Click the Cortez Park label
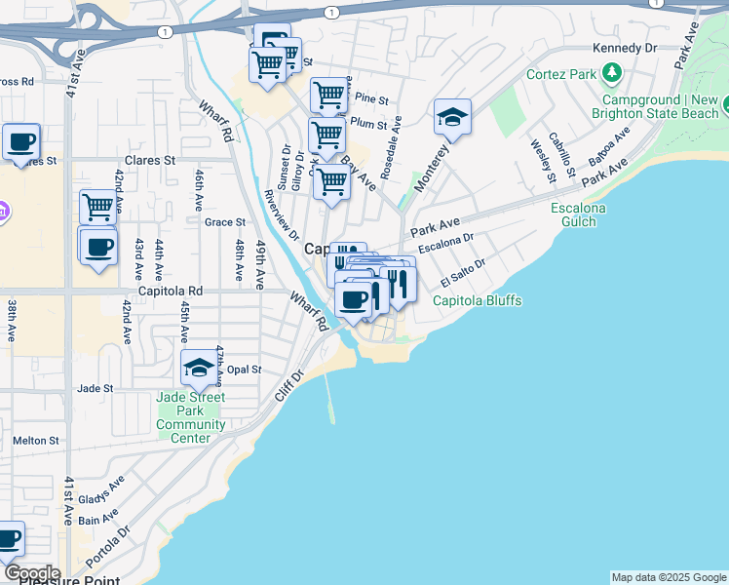[x=561, y=74]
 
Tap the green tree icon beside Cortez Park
[x=612, y=72]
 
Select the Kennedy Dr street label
[x=624, y=48]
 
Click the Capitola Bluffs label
[x=477, y=300]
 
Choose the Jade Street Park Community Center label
[x=190, y=417]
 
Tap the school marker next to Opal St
[x=198, y=368]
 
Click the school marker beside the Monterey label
[x=452, y=118]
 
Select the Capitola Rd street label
[x=170, y=291]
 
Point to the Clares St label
[x=149, y=160]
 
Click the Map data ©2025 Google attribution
[x=669, y=577]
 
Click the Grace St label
[x=224, y=222]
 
